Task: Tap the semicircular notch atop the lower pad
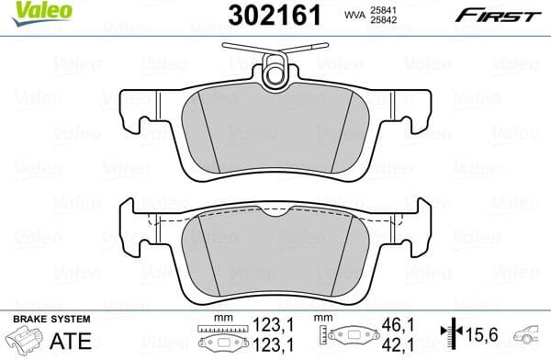[x=275, y=214]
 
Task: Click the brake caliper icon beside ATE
[x=24, y=339]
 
